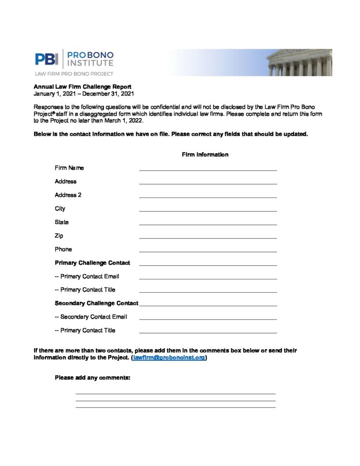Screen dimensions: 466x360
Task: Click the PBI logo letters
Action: [x=46, y=59]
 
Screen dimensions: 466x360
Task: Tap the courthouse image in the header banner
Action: [x=299, y=63]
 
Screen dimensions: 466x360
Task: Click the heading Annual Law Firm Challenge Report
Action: [x=82, y=87]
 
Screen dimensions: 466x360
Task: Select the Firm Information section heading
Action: [x=205, y=155]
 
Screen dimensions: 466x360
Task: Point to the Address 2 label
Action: [x=68, y=195]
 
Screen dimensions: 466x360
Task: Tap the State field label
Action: [x=62, y=222]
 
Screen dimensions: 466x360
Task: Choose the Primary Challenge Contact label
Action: [x=92, y=263]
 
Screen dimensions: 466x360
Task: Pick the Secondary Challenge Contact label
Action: [x=96, y=303]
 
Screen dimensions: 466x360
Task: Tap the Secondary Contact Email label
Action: [x=91, y=317]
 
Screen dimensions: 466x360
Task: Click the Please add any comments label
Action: [x=93, y=377]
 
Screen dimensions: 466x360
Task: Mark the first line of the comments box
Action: [x=175, y=393]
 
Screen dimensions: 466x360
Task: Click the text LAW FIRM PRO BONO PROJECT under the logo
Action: [x=74, y=73]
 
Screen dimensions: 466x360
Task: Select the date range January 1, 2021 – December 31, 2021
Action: [x=84, y=94]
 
